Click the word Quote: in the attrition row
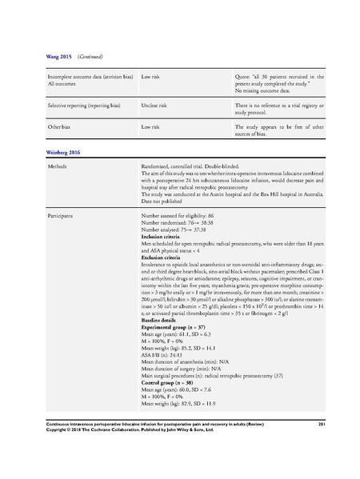pos(244,77)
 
